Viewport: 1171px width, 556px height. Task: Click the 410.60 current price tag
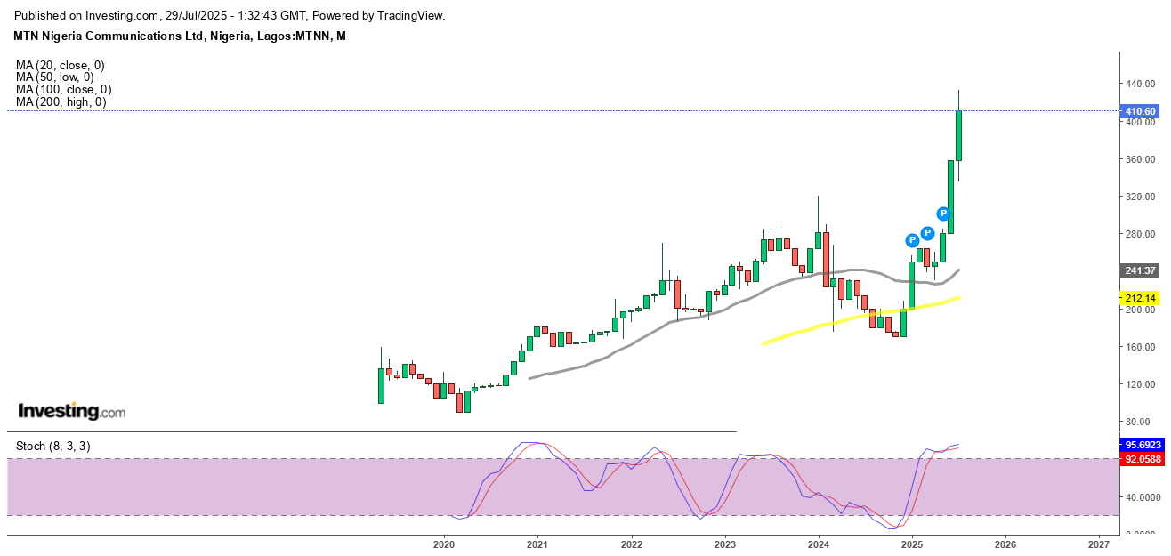1140,111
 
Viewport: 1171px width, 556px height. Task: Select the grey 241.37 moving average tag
1140,270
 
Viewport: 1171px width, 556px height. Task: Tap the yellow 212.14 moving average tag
1140,298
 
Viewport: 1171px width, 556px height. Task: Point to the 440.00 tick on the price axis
1140,84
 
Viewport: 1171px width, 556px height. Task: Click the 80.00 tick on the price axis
1140,422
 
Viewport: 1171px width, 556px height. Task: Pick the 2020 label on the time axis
443,544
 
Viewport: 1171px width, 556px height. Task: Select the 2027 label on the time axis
1098,544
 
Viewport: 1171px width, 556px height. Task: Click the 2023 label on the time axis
724,544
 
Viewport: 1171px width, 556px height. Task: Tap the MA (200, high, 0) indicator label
61,102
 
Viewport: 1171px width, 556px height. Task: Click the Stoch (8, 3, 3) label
52,446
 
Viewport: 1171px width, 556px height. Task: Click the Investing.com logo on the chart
72,412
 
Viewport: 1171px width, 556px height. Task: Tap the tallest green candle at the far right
958,135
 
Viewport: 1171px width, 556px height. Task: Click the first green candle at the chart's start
381,385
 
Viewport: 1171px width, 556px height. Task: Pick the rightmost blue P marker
943,214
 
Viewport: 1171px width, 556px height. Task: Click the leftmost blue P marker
911,240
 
